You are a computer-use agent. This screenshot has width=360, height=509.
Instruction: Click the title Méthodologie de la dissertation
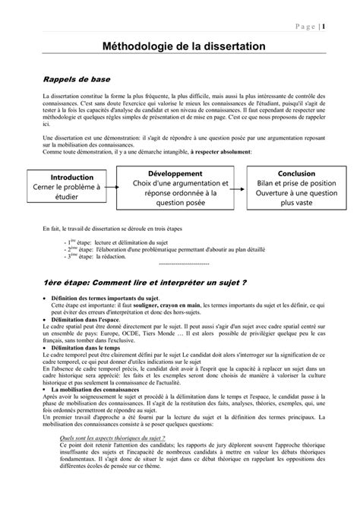(180, 46)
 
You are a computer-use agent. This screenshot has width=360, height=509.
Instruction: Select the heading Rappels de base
(73, 78)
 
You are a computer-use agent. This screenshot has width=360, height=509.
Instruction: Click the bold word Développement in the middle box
(181, 173)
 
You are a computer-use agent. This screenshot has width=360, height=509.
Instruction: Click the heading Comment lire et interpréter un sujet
(144, 283)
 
